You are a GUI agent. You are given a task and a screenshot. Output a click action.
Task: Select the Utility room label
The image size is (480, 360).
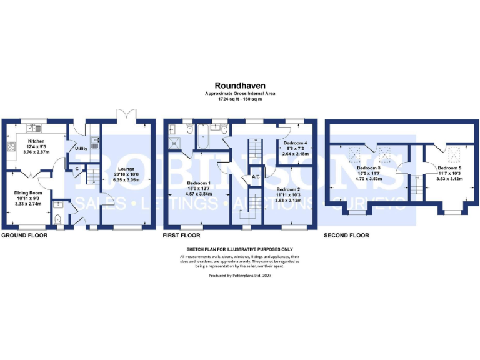(x=81, y=149)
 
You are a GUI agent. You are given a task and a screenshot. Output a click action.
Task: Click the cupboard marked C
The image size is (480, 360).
(x=76, y=168)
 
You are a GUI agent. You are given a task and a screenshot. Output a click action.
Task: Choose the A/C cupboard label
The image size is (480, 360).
(x=256, y=177)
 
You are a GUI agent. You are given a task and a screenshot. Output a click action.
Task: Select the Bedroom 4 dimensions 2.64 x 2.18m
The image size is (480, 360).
(x=292, y=153)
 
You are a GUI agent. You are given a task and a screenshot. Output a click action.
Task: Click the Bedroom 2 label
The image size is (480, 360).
(x=289, y=189)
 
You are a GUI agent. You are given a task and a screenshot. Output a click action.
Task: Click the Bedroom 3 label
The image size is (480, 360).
(x=368, y=167)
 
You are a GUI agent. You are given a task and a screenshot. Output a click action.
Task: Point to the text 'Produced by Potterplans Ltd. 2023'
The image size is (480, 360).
(x=239, y=274)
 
